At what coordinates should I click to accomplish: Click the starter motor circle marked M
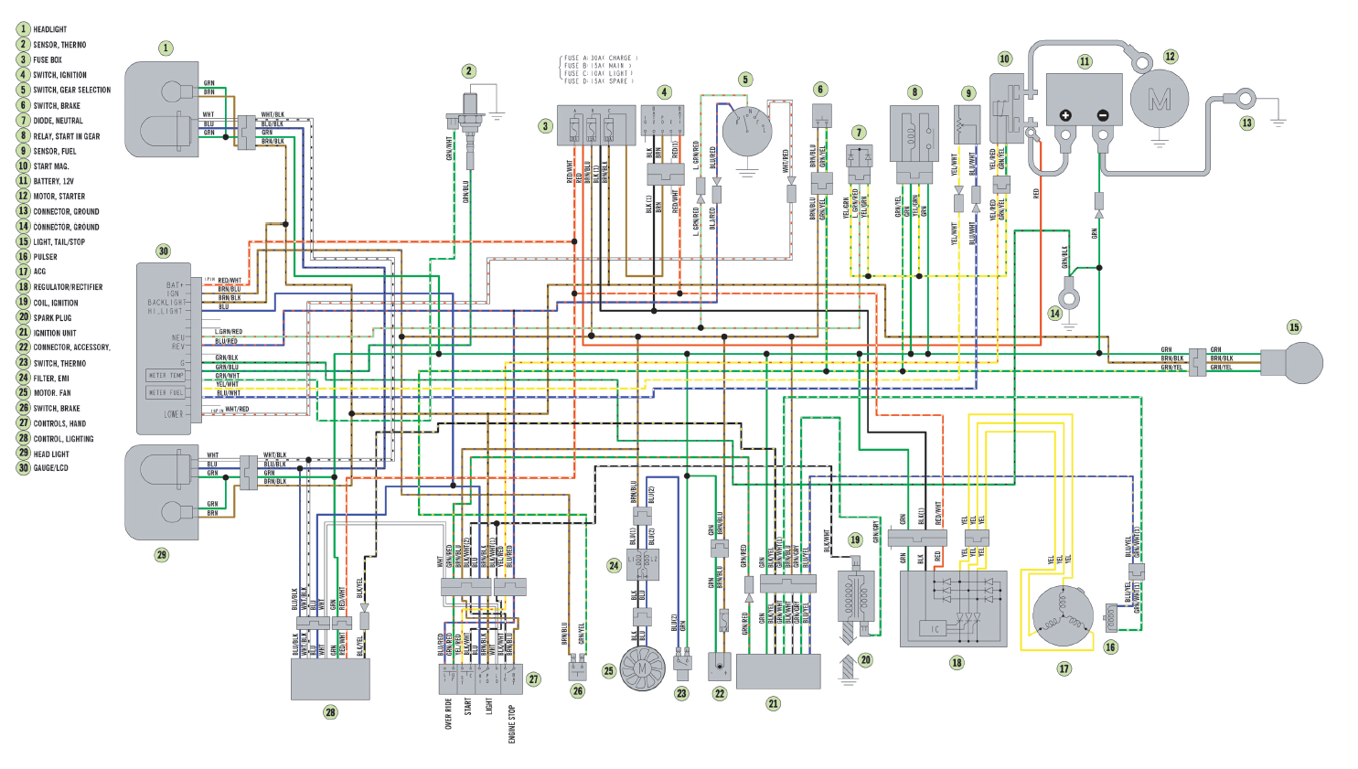coord(1160,99)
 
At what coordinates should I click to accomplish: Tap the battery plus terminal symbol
coord(1065,115)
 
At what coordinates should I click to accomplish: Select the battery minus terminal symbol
coord(1103,115)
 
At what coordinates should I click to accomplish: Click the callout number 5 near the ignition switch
coord(745,80)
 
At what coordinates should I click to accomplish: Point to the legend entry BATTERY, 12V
coord(53,181)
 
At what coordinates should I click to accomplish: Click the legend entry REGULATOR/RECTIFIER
coord(68,287)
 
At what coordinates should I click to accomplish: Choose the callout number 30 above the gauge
coord(163,251)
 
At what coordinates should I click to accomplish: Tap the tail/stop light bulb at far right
coord(1293,363)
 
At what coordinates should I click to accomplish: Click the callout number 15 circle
coord(1293,326)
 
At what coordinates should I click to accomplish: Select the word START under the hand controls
coord(467,707)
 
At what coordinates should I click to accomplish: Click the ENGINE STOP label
coord(512,723)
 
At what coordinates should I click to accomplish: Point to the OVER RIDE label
coord(448,713)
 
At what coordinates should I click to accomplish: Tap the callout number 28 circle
coord(330,712)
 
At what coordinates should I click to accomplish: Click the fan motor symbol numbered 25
coord(642,669)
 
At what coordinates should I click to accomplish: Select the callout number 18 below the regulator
coord(957,663)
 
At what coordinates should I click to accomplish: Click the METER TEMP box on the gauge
coord(166,375)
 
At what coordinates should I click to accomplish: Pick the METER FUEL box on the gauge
coord(166,393)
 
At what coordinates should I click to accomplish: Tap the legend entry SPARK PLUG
coord(52,318)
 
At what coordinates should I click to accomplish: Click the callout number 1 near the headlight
coord(166,48)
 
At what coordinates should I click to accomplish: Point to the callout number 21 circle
coord(774,703)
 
